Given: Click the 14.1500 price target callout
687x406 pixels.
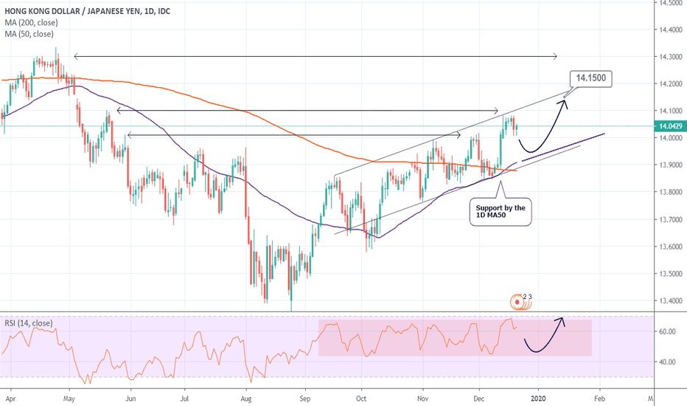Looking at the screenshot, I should [591, 78].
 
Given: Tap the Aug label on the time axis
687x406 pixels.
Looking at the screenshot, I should [247, 398].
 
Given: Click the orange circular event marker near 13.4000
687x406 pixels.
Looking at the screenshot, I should [520, 301].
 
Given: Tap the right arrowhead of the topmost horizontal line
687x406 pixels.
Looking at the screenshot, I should [554, 56].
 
